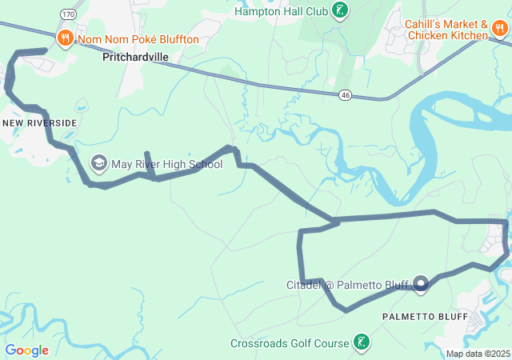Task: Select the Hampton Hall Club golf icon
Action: coord(342,11)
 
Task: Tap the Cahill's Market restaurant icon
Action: coord(500,29)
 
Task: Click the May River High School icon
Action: coord(99,164)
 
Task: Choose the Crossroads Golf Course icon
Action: coord(362,343)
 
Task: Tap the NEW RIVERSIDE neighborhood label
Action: coord(40,122)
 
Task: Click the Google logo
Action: coord(26,350)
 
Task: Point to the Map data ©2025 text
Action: coord(478,354)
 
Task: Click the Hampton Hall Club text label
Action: coord(282,11)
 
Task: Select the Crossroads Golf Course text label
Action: coord(290,343)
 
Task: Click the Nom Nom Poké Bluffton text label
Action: coord(138,39)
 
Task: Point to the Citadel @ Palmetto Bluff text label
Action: coord(347,284)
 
